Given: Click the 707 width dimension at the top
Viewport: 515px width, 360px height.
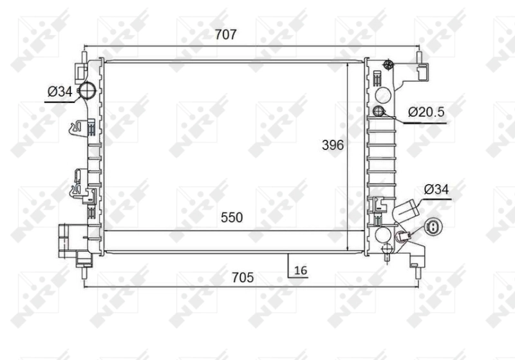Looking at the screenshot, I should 226,35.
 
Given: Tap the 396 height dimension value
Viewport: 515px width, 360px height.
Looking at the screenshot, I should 333,146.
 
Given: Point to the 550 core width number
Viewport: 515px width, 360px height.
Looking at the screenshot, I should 232,218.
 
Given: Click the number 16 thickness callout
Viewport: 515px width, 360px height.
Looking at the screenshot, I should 300,270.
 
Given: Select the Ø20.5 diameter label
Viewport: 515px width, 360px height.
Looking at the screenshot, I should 426,112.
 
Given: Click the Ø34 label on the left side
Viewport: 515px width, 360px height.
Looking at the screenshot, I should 59,92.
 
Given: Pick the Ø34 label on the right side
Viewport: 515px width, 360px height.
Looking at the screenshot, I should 436,189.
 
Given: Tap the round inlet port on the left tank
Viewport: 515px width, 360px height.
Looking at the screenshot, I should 87,91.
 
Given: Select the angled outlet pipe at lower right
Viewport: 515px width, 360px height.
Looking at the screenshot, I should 407,210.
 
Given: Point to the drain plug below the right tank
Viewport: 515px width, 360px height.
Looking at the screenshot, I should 386,252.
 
